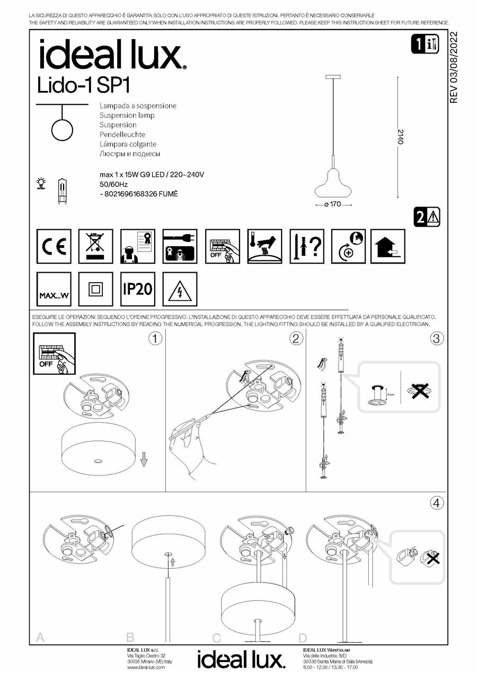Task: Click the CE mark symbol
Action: (x=54, y=246)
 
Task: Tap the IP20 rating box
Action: (x=137, y=289)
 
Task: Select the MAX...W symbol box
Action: (x=54, y=289)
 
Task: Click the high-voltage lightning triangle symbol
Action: (x=180, y=289)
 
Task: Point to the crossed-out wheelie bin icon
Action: (x=95, y=246)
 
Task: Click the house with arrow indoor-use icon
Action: (x=388, y=246)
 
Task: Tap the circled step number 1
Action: (x=155, y=339)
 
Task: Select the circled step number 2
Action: (x=296, y=339)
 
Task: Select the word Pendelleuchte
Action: (x=122, y=134)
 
